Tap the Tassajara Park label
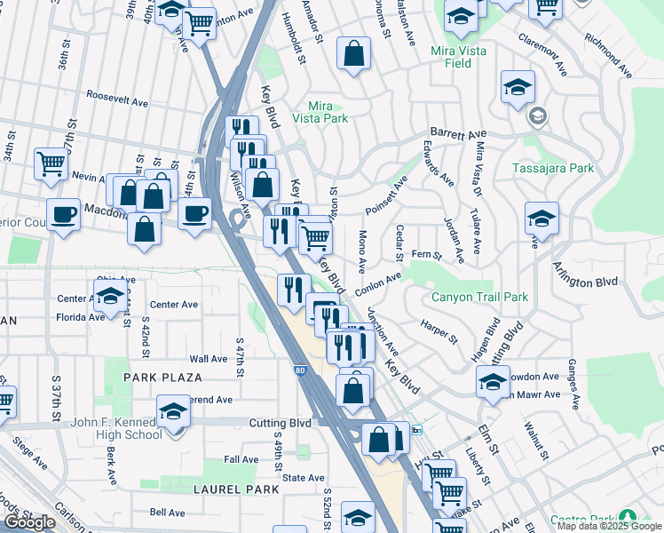point(552,168)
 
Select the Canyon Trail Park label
point(479,297)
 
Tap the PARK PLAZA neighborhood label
point(159,378)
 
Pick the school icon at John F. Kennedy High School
point(173,411)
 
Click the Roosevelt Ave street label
point(116,102)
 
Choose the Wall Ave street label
point(208,359)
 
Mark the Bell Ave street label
point(167,513)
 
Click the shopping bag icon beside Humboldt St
point(353,53)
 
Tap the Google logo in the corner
point(29,522)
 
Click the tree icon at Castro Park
point(629,516)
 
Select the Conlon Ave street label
point(377,284)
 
